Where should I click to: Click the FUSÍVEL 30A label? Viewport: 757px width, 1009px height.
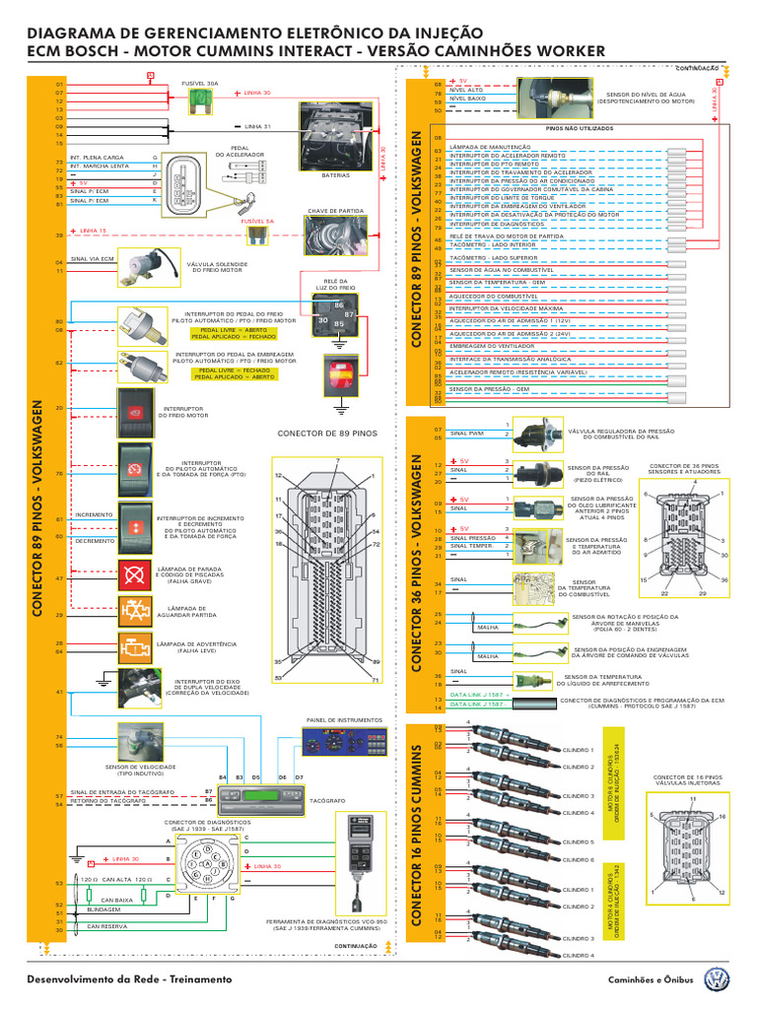click(200, 85)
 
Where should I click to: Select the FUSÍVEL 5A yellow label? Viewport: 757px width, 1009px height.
click(257, 222)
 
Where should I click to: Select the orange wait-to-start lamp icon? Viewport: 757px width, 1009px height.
click(134, 611)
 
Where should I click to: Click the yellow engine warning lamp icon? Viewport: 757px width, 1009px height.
click(134, 647)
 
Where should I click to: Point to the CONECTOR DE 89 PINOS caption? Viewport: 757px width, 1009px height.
click(327, 433)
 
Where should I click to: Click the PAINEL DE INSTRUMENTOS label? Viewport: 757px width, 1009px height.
click(337, 720)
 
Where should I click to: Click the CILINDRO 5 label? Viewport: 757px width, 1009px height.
click(578, 842)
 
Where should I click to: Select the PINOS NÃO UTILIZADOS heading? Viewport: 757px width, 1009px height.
click(579, 128)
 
